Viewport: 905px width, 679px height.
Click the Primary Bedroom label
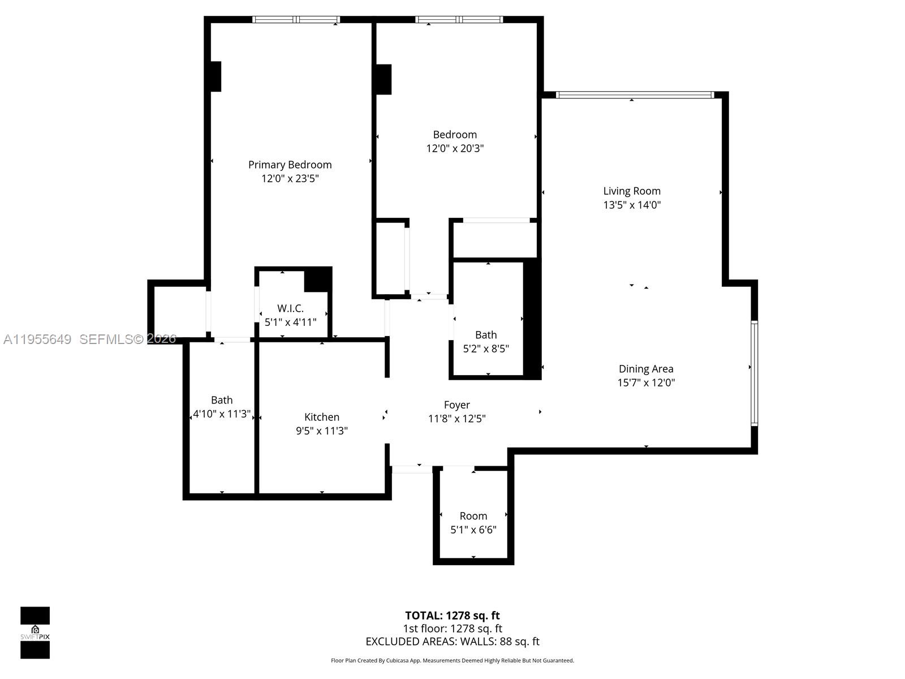click(290, 165)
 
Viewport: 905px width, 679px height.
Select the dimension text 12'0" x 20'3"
click(455, 149)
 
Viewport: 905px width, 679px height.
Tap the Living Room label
click(631, 191)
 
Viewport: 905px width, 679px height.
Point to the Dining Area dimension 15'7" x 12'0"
click(645, 383)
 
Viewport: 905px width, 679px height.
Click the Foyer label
click(456, 405)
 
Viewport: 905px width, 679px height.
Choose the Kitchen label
click(321, 417)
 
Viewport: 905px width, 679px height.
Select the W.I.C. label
click(290, 308)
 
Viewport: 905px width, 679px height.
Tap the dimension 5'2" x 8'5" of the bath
click(486, 349)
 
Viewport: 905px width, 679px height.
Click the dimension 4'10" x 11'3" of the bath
click(222, 414)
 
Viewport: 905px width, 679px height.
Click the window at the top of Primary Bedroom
click(296, 20)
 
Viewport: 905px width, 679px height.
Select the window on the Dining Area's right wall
click(754, 373)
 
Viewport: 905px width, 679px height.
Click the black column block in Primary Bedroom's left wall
click(216, 76)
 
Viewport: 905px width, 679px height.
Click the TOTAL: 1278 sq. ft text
click(452, 616)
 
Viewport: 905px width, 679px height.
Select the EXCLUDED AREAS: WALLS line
click(452, 642)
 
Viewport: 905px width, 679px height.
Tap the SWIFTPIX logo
click(35, 633)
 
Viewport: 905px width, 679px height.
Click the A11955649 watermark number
click(37, 339)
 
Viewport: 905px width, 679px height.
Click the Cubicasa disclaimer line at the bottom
click(452, 660)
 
